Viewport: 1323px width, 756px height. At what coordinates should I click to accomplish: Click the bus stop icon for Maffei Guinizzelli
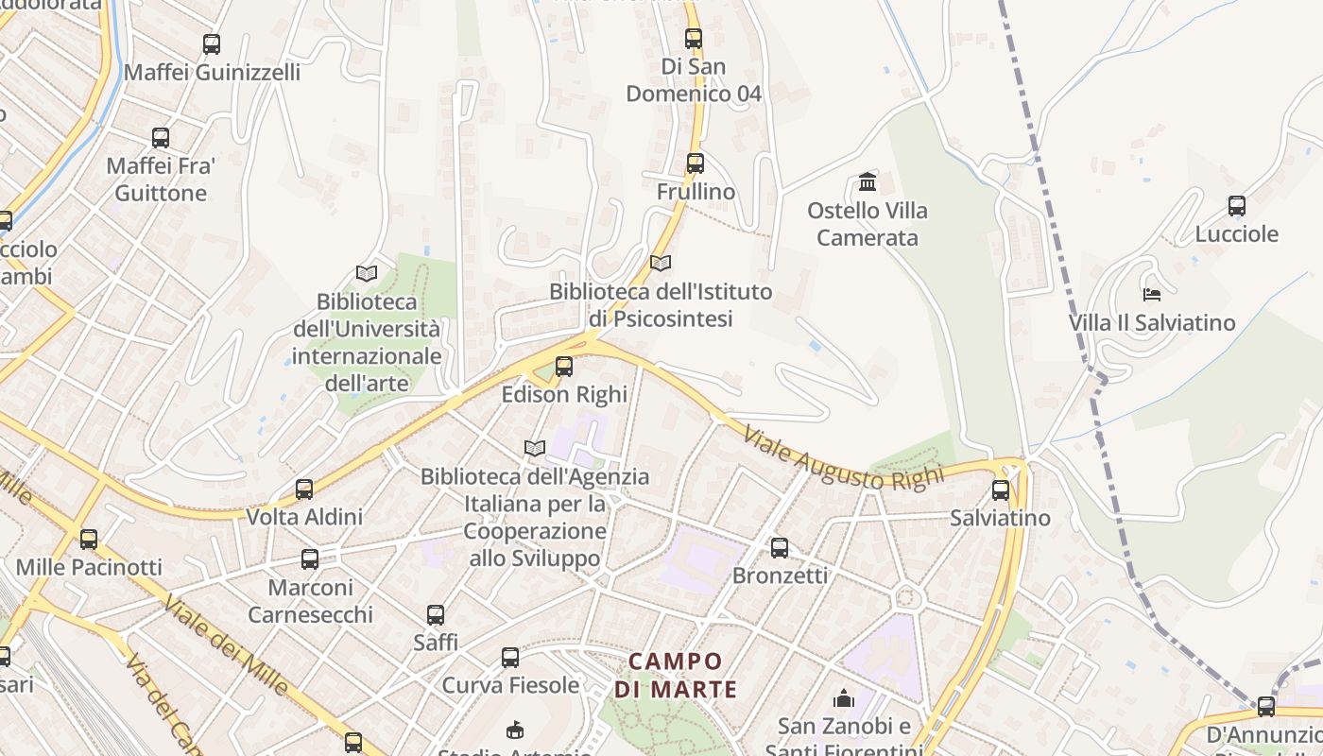pos(212,43)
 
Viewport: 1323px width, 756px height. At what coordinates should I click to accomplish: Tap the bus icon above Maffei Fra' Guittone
pos(161,138)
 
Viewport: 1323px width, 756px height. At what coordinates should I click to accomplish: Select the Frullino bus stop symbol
pos(696,163)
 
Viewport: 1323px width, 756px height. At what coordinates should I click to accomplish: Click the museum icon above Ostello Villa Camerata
pos(868,181)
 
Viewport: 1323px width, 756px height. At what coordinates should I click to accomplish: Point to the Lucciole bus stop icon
pos(1237,205)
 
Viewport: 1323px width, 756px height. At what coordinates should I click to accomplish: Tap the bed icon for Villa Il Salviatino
pos(1151,295)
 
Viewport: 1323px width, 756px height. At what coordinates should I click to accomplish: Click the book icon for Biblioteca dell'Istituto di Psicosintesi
pos(661,263)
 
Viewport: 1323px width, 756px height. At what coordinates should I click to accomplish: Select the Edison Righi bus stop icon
pos(564,366)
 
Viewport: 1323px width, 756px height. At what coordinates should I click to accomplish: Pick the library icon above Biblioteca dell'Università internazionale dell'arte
pos(367,274)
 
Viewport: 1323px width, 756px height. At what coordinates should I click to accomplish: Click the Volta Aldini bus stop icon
pos(304,489)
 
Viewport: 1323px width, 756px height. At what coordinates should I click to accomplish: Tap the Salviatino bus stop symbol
pos(1001,490)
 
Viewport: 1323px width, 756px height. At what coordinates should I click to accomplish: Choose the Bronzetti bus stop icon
pos(780,547)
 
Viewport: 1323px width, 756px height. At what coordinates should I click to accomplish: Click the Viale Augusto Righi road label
pos(843,458)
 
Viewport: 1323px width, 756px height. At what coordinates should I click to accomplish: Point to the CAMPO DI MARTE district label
pos(675,675)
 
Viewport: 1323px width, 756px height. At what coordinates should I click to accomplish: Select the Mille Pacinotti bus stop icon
pos(89,540)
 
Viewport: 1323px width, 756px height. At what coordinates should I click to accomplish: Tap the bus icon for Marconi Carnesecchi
pos(310,558)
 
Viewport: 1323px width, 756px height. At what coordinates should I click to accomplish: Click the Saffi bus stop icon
pos(436,615)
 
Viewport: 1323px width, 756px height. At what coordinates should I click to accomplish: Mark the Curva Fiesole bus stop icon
pos(510,657)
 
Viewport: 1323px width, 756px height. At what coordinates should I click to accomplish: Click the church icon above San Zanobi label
pos(843,698)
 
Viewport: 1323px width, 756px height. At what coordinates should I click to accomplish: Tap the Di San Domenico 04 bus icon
pos(694,39)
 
